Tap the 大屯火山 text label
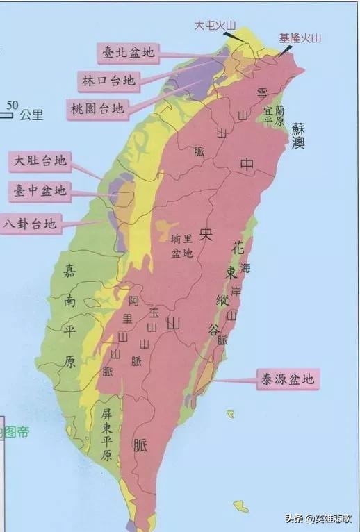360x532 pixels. point(215,25)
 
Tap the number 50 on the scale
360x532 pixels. point(13,106)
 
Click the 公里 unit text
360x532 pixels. point(31,115)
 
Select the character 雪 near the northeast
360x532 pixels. point(261,93)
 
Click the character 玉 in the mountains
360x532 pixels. point(153,313)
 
